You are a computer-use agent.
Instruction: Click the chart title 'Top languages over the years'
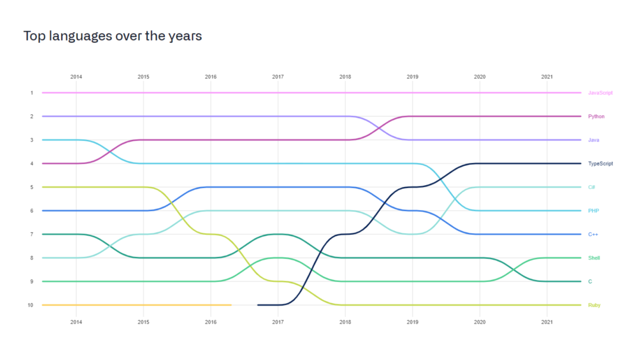pyautogui.click(x=113, y=36)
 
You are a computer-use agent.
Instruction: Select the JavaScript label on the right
pyautogui.click(x=600, y=93)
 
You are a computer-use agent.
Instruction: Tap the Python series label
pyautogui.click(x=596, y=116)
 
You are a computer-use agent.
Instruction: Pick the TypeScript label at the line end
pyautogui.click(x=601, y=164)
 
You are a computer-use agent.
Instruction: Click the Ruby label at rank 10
pyautogui.click(x=594, y=305)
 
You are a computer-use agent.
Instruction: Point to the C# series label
pyautogui.click(x=591, y=187)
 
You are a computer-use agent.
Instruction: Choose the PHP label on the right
pyautogui.click(x=593, y=211)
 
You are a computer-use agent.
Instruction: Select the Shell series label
pyautogui.click(x=594, y=258)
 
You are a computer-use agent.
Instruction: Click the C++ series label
pyautogui.click(x=593, y=235)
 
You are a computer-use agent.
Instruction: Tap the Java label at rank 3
pyautogui.click(x=594, y=140)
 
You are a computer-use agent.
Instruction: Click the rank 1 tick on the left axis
pyautogui.click(x=31, y=93)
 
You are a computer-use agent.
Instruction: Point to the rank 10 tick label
pyautogui.click(x=31, y=305)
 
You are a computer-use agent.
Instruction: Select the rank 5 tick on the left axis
pyautogui.click(x=31, y=187)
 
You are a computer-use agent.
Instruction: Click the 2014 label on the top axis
pyautogui.click(x=76, y=77)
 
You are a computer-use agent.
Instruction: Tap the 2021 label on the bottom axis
pyautogui.click(x=547, y=322)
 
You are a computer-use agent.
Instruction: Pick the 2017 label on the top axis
pyautogui.click(x=278, y=77)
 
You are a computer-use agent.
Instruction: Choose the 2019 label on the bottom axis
pyautogui.click(x=412, y=322)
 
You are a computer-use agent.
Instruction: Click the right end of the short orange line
pyautogui.click(x=230, y=305)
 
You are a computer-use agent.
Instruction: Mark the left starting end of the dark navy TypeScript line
pyautogui.click(x=258, y=305)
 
